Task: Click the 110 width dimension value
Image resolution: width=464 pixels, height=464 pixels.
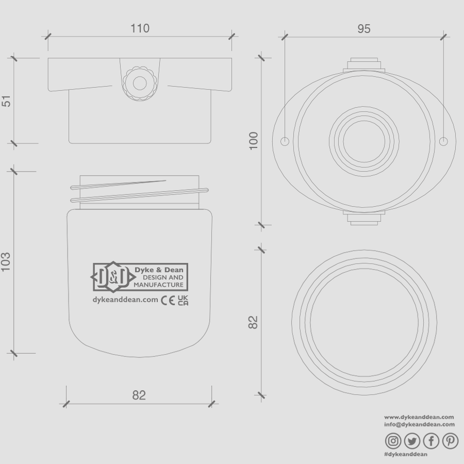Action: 140,28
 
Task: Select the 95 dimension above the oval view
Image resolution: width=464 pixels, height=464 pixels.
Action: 364,29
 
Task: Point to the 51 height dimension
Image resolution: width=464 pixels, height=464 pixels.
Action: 7,101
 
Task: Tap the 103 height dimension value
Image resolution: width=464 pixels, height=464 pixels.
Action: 7,261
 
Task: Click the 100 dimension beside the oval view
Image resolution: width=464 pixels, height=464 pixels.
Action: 254,141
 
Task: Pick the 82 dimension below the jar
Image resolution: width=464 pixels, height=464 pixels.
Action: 139,395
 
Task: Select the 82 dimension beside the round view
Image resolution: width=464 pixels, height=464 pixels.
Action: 253,322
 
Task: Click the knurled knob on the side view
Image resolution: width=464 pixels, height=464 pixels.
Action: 139,82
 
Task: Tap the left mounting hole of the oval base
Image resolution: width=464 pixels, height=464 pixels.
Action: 285,141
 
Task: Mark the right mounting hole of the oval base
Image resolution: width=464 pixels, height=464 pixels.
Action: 443,141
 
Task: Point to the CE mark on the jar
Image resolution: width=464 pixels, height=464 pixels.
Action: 168,300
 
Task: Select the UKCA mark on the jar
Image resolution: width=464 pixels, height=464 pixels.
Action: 183,300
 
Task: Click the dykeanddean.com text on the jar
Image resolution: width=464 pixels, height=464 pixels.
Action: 125,300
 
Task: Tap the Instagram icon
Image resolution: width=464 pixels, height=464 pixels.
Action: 393,441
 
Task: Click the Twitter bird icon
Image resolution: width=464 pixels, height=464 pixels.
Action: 412,441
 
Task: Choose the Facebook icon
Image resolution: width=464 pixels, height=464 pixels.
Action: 431,441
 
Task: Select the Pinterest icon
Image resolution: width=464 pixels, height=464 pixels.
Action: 450,441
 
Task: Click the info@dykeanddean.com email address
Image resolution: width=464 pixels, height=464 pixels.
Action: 419,424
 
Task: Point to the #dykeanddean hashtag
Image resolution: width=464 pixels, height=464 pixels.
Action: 406,454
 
